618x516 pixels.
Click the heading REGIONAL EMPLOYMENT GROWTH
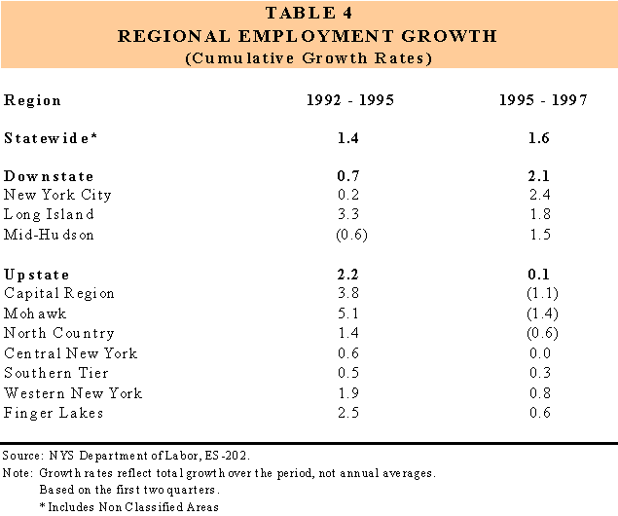308,37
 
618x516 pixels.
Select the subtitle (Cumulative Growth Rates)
308,57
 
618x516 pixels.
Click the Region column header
33,101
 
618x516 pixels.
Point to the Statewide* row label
52,139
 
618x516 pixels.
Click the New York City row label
58,195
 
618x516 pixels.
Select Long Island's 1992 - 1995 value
345,214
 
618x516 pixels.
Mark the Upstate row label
37,276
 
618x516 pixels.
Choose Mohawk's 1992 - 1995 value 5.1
345,313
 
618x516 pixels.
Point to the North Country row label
59,333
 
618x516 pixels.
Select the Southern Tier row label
56,373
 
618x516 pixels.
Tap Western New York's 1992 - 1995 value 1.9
345,393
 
